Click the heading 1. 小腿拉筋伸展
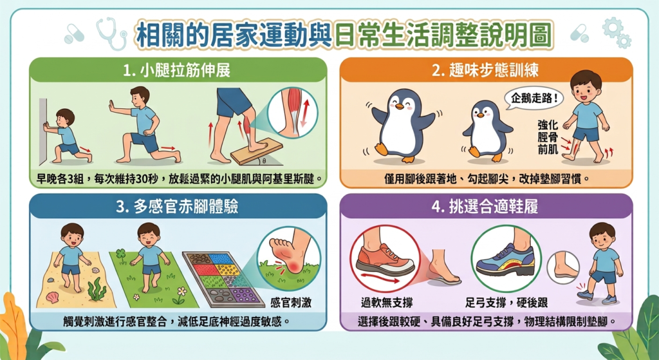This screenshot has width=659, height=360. pos(177,70)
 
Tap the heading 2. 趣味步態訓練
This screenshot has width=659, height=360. pos(485,70)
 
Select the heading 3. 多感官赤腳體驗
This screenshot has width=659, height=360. pos(177,207)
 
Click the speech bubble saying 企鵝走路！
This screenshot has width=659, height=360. pos(534,99)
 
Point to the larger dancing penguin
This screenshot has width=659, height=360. pos(402,126)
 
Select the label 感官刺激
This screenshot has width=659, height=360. pos(290,303)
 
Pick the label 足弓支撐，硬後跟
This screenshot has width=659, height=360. pos(506,302)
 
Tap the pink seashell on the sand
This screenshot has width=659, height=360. pos(53,298)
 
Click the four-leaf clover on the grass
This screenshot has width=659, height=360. pos(121,256)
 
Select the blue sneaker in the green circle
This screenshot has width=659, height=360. pos(505,261)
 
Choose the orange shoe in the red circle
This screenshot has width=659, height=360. pos(385,259)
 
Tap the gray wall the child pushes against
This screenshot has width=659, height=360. pos(43,131)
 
